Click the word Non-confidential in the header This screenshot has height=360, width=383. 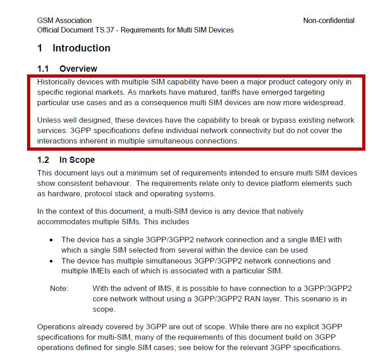328,20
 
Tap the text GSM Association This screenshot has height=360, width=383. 64,20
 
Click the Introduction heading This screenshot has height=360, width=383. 81,48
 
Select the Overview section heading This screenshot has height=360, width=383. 78,69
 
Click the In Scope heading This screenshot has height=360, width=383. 77,160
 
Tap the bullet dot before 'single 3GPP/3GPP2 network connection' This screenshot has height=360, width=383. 51,240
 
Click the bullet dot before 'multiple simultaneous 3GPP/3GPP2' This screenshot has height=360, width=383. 51,261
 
